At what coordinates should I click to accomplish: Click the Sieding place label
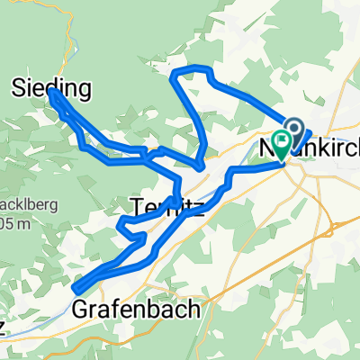pyautogui.click(x=52, y=87)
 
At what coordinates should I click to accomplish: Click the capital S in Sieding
pyautogui.click(x=20, y=87)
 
